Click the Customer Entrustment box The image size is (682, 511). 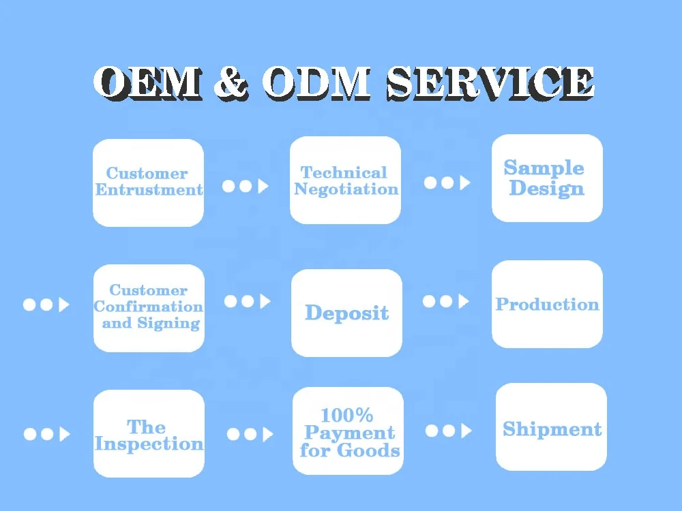tap(148, 183)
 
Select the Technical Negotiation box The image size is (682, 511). tap(345, 181)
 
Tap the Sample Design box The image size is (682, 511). tap(546, 178)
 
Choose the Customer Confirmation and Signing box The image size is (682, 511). tap(148, 308)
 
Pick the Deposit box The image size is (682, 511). tap(346, 313)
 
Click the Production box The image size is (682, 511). tap(547, 305)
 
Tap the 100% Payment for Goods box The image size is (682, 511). tap(348, 431)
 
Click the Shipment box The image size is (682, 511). tap(551, 428)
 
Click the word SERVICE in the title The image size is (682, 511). tap(489, 83)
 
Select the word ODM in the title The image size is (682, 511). tap(315, 83)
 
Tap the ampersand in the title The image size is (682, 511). tap(231, 83)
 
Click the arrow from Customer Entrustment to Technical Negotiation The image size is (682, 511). tap(246, 186)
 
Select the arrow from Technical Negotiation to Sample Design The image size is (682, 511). tap(447, 183)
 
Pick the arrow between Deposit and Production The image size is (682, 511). tap(446, 301)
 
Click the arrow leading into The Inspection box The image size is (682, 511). tap(46, 434)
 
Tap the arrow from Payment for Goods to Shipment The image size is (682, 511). tap(448, 431)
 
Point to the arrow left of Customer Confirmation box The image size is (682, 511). tap(46, 305)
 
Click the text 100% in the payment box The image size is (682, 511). tap(347, 414)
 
